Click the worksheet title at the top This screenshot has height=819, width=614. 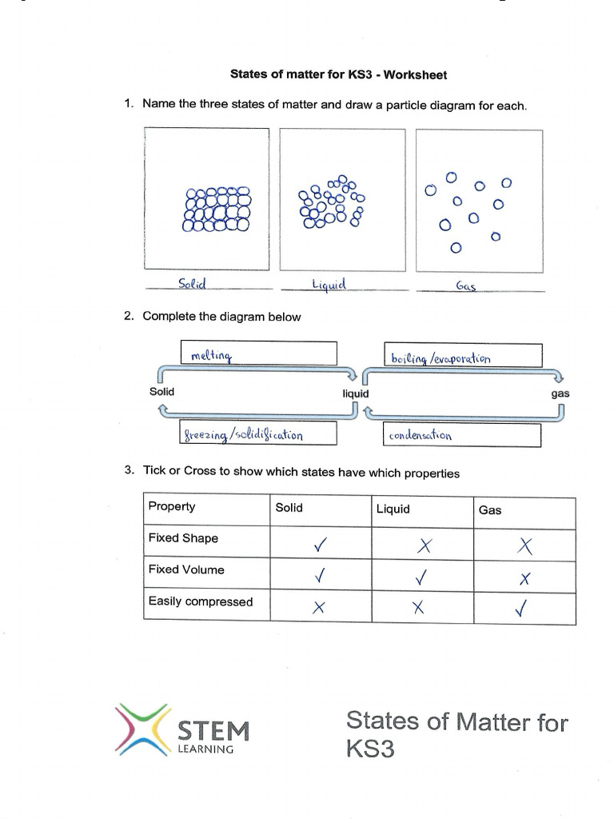pos(338,75)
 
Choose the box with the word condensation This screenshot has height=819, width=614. pos(462,436)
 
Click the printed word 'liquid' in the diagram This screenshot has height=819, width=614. pos(356,394)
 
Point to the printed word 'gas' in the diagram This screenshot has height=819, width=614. pos(560,394)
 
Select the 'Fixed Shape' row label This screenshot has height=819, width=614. pos(183,538)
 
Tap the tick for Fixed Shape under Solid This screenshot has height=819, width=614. pos(321,546)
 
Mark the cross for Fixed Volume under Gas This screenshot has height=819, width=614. pos(524,578)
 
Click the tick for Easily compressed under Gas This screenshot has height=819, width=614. pos(523,609)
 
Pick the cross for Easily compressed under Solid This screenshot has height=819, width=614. pos(319,609)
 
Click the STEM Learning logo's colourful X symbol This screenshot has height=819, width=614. pos(142,729)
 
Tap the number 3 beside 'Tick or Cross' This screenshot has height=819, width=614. pos(128,471)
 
